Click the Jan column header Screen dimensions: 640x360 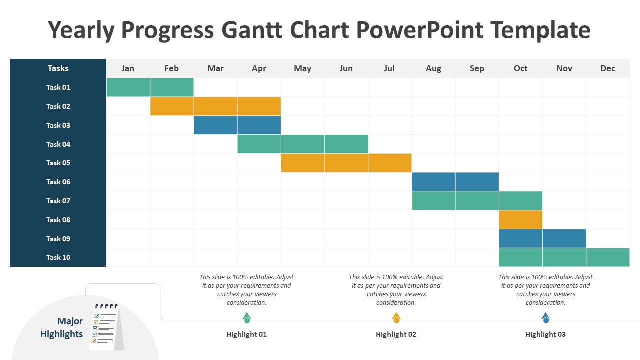click(128, 68)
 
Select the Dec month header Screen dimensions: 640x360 click(607, 68)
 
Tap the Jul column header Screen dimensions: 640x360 click(389, 68)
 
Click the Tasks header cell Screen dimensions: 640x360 click(58, 68)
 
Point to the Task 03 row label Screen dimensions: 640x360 click(58, 125)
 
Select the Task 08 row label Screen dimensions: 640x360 click(58, 220)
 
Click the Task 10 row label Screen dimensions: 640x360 click(58, 257)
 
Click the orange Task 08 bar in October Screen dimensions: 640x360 click(521, 219)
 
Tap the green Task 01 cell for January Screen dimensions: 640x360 click(128, 87)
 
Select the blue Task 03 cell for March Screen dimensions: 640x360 click(215, 125)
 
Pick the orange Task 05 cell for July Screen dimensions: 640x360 click(390, 163)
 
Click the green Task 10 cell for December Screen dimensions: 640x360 click(608, 257)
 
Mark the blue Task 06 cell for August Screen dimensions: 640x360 click(433, 181)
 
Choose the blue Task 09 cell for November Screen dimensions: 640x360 click(564, 238)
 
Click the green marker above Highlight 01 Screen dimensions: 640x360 click(247, 318)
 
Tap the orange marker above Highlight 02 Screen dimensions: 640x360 click(396, 318)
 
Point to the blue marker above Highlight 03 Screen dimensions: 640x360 click(545, 318)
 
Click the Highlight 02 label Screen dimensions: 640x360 click(396, 334)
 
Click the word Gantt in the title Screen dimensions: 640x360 click(252, 29)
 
